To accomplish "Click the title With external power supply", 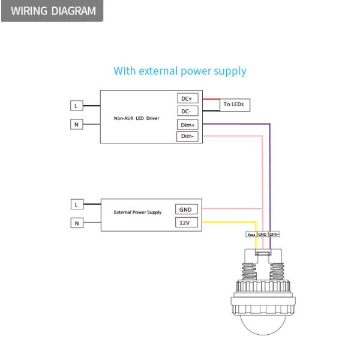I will click(x=180, y=71).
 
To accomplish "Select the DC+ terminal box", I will click(x=187, y=98).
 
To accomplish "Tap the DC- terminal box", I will click(x=187, y=111).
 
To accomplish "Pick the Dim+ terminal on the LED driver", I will click(x=188, y=124).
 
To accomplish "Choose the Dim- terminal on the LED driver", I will click(x=188, y=137).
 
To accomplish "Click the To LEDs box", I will click(x=234, y=104).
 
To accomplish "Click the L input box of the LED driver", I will click(x=76, y=105).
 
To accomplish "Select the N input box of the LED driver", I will click(x=76, y=124).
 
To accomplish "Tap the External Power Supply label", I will click(x=137, y=212).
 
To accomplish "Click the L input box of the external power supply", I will click(x=76, y=204).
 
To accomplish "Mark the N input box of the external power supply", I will click(x=76, y=223).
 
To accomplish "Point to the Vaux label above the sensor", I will click(x=251, y=234).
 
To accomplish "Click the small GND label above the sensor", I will click(x=262, y=234).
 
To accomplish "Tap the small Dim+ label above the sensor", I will click(x=275, y=234).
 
